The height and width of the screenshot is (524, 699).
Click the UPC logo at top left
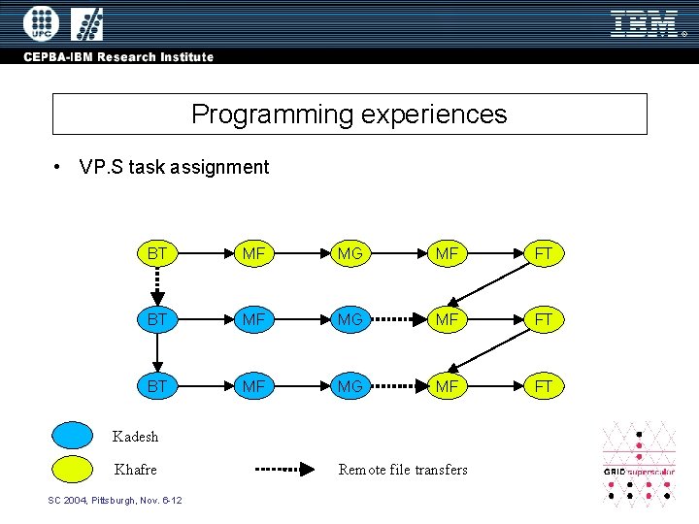tap(41, 23)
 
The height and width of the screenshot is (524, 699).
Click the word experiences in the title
tap(433, 115)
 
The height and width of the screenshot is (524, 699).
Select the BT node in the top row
tap(156, 254)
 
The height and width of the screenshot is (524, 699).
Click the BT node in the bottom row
tap(156, 386)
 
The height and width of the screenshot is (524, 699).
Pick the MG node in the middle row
tap(349, 319)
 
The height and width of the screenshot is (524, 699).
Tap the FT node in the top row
tap(543, 254)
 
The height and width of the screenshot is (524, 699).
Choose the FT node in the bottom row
tap(543, 386)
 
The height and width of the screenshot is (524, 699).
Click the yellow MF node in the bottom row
tap(447, 386)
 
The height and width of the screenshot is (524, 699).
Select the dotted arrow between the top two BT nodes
tap(156, 286)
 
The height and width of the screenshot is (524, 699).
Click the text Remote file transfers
tap(403, 470)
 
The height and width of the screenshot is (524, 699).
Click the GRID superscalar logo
tap(639, 464)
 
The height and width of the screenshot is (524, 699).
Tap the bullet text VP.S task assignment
tap(174, 167)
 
